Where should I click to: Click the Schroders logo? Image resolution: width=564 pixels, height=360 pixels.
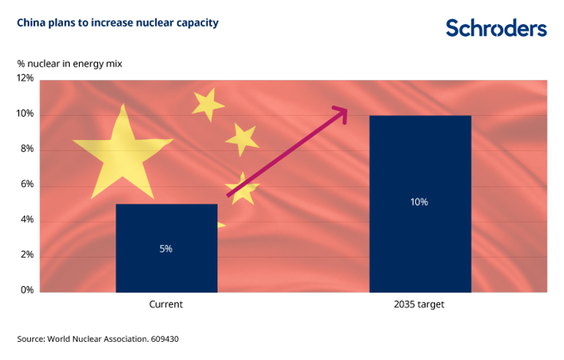click(x=495, y=27)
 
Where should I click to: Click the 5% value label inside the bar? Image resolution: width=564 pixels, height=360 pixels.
click(x=166, y=248)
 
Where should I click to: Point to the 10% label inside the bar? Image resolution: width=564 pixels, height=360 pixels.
click(x=420, y=203)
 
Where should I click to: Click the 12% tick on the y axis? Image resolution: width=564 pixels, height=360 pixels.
click(x=24, y=78)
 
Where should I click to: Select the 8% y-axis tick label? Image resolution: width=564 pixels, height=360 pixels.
click(x=26, y=149)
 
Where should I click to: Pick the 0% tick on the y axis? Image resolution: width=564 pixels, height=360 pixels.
click(x=26, y=290)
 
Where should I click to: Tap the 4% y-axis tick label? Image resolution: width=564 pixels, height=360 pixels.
click(x=26, y=220)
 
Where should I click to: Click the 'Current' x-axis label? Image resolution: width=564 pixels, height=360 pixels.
click(x=166, y=305)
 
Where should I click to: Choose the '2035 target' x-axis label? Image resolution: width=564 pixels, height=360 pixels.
click(x=420, y=305)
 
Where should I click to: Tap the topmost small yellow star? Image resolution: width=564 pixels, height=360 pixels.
click(x=207, y=104)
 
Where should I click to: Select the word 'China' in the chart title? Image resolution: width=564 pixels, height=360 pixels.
click(x=32, y=23)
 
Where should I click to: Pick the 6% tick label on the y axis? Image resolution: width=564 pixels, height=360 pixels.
click(x=26, y=184)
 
